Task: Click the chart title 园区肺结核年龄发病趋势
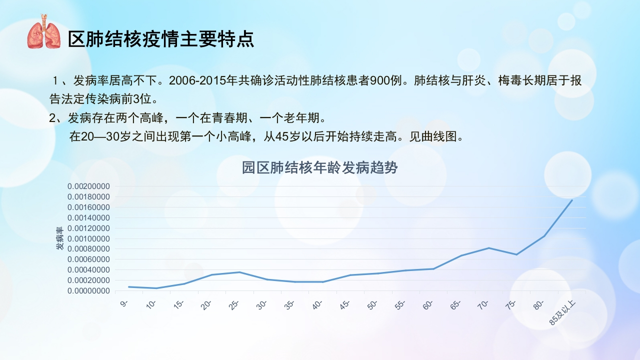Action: coord(319,167)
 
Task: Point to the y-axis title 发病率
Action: coord(59,238)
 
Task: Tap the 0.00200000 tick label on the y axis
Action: coord(88,186)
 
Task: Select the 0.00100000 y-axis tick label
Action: coord(88,238)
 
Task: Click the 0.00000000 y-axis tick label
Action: coord(88,291)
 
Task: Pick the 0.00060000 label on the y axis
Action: coord(88,259)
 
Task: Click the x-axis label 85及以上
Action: coord(562,313)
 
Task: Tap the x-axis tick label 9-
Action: coord(124,303)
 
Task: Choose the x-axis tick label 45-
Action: coord(345,305)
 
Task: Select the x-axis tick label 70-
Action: coord(483,305)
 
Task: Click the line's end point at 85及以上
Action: coord(572,200)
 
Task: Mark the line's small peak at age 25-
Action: coord(239,272)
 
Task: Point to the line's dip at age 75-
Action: coord(516,254)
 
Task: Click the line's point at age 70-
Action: coord(489,247)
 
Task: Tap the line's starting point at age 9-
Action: coord(129,286)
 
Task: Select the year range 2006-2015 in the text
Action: coord(197,80)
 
